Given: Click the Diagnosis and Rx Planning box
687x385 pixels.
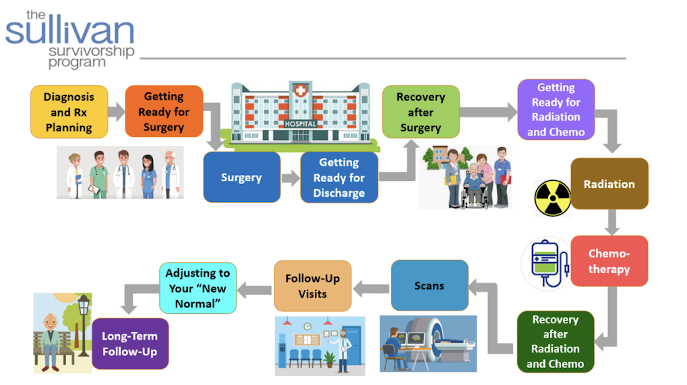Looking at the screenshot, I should click(69, 112).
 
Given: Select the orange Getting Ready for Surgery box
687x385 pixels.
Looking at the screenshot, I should click(164, 111).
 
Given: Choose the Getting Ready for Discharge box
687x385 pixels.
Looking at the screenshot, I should click(339, 177).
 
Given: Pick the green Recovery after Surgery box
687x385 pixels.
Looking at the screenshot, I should click(421, 112).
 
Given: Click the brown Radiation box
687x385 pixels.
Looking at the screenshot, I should click(609, 184).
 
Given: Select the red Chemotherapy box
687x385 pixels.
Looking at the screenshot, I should click(609, 261).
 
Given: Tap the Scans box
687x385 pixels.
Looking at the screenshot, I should click(429, 285).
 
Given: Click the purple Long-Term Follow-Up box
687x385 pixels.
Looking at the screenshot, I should click(130, 344).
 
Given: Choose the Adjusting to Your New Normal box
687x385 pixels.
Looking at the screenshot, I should click(198, 288).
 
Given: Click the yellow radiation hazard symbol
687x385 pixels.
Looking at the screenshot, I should click(553, 198).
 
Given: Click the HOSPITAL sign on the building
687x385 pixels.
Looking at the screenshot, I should click(300, 124).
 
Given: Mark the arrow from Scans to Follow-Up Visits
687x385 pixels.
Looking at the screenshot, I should click(371, 288).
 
